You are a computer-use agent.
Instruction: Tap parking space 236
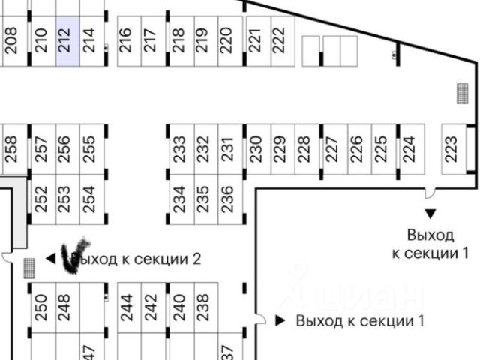pyautogui.click(x=229, y=198)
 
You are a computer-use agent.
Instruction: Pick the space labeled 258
pyautogui.click(x=10, y=148)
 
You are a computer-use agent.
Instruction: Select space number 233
pyautogui.click(x=179, y=148)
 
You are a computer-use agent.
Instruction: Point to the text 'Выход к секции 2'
pyautogui.click(x=139, y=259)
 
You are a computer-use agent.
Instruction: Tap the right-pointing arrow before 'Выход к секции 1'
pyautogui.click(x=280, y=321)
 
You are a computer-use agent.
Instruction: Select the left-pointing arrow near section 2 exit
pyautogui.click(x=51, y=259)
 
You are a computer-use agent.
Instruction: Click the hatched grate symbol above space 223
pyautogui.click(x=461, y=94)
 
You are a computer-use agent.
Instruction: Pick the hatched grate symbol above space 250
pyautogui.click(x=29, y=267)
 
